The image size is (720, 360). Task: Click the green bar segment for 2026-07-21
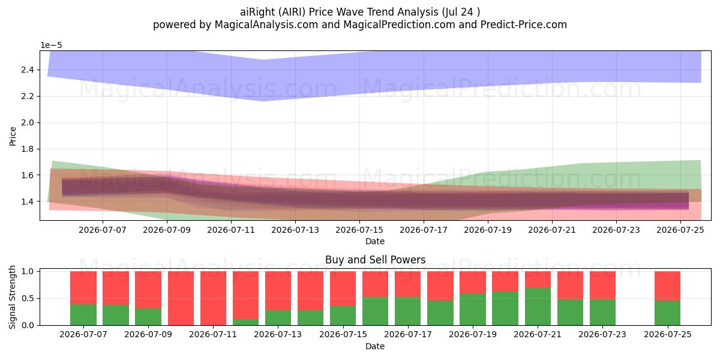[538, 307]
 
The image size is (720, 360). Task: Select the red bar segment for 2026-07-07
[83, 287]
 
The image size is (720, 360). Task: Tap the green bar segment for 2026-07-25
[668, 313]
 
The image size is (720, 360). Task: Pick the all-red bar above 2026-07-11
[213, 298]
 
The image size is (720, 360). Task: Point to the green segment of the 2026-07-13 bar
[278, 317]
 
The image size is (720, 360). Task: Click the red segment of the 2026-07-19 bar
[473, 282]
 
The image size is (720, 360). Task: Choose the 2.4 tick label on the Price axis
[28, 70]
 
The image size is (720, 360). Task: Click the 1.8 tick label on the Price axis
[28, 149]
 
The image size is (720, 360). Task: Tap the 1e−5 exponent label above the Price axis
[51, 46]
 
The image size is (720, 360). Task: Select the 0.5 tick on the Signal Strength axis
[28, 298]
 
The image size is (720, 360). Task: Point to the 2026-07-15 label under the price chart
[359, 230]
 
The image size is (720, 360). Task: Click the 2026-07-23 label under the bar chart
[602, 335]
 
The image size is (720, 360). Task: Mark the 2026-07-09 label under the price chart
[167, 230]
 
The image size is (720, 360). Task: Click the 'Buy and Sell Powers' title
[376, 260]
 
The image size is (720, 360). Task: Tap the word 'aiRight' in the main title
[258, 12]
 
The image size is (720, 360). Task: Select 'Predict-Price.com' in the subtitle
[524, 25]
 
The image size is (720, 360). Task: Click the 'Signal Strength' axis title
[12, 298]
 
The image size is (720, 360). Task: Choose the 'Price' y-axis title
[13, 137]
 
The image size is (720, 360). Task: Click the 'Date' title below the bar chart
[375, 346]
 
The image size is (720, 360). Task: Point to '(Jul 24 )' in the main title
[461, 12]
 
